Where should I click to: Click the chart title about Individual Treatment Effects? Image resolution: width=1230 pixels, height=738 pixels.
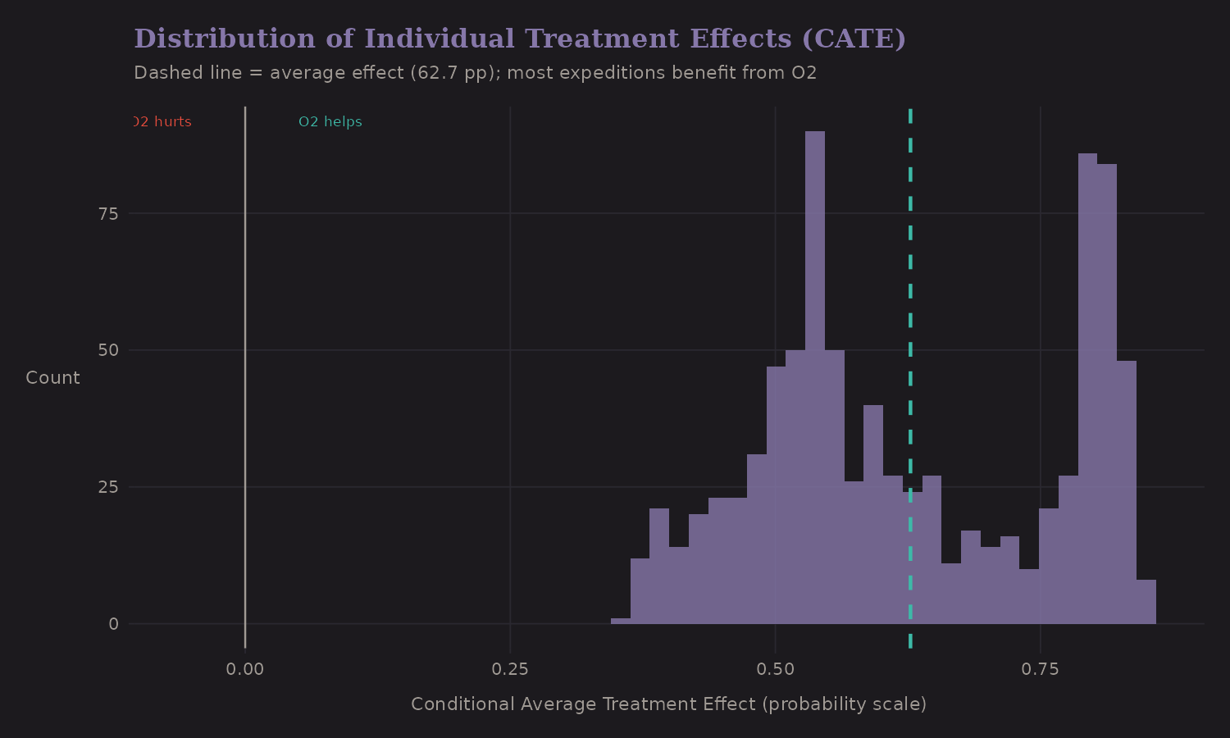click(520, 39)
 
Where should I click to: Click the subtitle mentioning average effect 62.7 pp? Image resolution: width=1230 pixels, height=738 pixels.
click(475, 73)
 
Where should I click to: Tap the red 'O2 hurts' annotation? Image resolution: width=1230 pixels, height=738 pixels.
click(162, 122)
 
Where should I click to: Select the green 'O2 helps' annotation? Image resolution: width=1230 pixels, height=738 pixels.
click(330, 122)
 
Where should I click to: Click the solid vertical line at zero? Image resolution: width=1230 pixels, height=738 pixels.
click(245, 369)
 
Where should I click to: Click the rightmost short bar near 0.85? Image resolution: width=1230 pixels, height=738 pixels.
click(1146, 603)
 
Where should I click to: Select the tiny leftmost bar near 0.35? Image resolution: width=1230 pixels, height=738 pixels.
click(621, 621)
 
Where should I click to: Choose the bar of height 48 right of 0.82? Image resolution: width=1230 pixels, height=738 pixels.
click(1126, 492)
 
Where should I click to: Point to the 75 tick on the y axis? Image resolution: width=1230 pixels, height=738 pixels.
click(108, 214)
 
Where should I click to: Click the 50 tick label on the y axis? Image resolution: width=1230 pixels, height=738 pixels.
click(108, 350)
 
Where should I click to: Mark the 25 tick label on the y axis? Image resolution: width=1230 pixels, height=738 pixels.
click(108, 487)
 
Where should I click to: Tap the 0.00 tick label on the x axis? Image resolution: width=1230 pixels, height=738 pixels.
click(245, 669)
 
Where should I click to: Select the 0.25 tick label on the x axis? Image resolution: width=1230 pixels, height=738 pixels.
click(510, 669)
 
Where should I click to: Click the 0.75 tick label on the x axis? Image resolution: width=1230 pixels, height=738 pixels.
click(1040, 669)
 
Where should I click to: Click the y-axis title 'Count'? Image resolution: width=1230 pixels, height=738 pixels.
click(52, 378)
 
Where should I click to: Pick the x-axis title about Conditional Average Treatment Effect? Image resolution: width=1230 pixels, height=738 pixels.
click(668, 704)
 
